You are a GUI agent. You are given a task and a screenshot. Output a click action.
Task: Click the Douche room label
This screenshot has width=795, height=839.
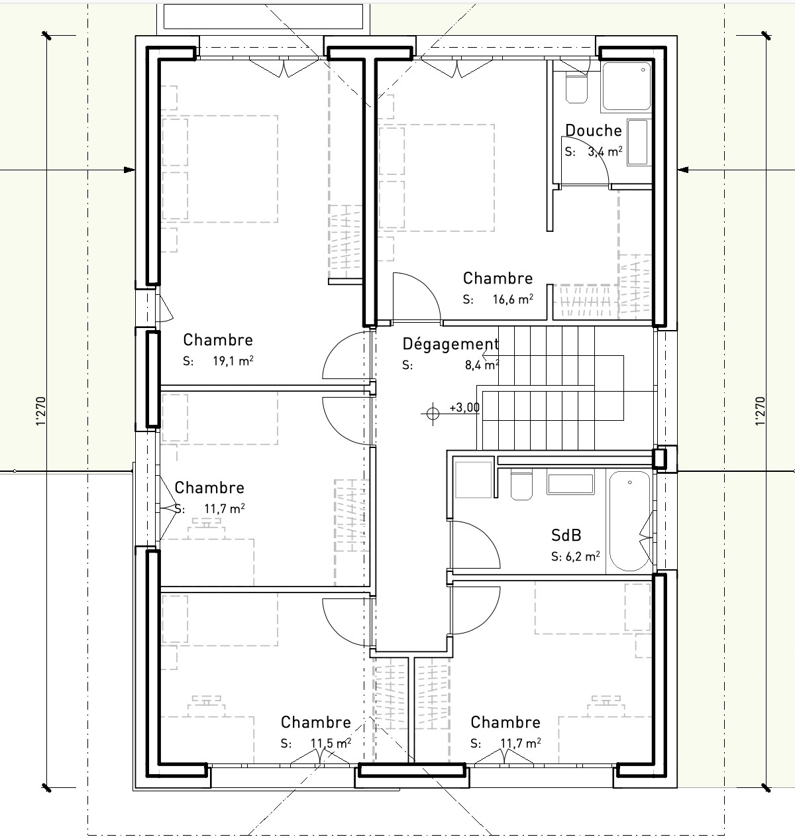click(593, 131)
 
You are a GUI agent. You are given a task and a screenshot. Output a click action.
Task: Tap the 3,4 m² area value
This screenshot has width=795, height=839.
click(605, 152)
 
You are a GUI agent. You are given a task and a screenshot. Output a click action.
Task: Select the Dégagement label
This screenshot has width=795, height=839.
click(450, 344)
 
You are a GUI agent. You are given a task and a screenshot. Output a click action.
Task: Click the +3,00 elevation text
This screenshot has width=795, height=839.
click(464, 408)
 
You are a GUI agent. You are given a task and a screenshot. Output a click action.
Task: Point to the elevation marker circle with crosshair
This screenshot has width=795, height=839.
click(433, 414)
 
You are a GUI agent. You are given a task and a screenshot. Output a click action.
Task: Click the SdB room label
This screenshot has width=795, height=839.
click(566, 535)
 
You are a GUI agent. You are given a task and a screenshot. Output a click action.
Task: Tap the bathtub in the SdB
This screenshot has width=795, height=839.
click(629, 521)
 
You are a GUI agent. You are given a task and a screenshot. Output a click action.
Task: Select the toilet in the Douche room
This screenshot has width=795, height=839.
click(576, 88)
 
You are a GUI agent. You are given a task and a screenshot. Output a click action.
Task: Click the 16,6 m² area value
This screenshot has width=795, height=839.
click(514, 300)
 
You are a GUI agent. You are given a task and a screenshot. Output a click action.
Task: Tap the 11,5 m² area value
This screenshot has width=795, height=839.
click(331, 744)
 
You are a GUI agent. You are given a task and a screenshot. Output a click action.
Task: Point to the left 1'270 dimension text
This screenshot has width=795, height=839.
click(40, 411)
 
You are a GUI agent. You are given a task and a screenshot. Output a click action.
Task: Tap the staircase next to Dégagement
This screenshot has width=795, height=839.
click(553, 388)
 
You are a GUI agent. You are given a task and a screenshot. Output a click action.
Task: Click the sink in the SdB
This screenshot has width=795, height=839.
click(570, 484)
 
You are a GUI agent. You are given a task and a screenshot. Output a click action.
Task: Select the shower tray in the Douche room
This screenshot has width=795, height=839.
click(627, 86)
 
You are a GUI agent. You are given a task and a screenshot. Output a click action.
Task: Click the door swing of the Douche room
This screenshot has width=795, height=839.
click(586, 162)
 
